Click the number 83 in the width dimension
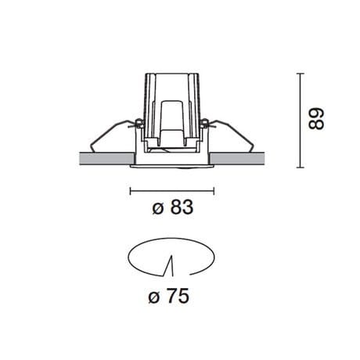tap(180, 209)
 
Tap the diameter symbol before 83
tap(157, 209)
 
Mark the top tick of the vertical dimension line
tap(301, 74)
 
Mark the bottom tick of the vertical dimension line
tap(301, 167)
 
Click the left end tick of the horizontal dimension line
tap(130, 190)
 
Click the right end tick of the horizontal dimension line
tap(212, 190)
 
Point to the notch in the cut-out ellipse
tap(169, 266)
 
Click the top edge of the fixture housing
tap(171, 74)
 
